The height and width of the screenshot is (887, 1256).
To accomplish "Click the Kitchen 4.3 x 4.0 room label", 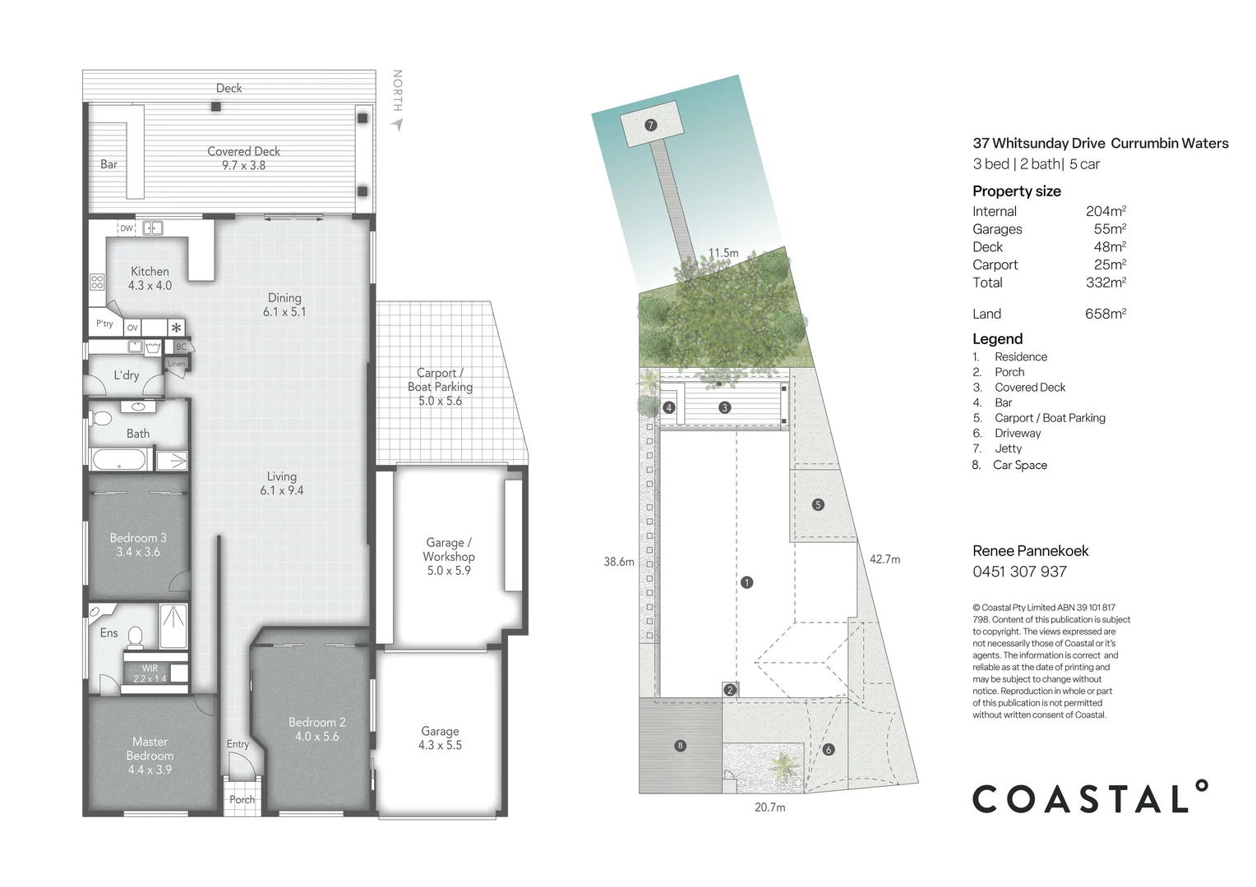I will click(x=150, y=278).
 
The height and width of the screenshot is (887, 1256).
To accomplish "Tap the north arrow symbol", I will click(x=397, y=124).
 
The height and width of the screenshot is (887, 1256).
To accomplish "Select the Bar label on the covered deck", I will click(x=109, y=164).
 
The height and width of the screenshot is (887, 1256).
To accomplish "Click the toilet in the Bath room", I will click(x=101, y=419).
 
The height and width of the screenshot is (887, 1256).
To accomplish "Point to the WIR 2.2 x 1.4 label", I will click(x=150, y=673).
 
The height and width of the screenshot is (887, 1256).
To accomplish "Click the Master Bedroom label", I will click(x=150, y=756).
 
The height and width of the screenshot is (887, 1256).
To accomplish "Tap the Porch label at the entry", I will click(x=242, y=799).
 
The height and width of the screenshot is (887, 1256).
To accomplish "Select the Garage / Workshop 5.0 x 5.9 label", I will click(x=449, y=556).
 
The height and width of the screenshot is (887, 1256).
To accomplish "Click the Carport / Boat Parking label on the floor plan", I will click(x=440, y=386).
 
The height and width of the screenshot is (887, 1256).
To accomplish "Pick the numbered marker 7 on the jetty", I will click(x=650, y=125).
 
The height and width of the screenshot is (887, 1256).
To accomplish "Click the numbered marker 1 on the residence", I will click(x=746, y=582).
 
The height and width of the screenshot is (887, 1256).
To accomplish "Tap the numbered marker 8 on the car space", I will click(x=680, y=746).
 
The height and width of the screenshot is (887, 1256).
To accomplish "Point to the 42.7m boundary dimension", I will click(x=884, y=559).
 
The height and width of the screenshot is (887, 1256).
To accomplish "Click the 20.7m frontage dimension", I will click(x=769, y=807).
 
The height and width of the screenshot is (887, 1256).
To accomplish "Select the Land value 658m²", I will click(x=1105, y=314).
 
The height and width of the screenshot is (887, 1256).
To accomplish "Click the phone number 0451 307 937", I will click(x=1019, y=572).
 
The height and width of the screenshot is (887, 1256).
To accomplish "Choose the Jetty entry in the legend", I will click(x=1008, y=448).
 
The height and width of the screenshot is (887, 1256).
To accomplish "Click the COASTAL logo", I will click(x=1090, y=797).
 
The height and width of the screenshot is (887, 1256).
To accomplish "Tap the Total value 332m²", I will click(x=1106, y=283).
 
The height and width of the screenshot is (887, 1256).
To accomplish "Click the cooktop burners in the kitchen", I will click(x=97, y=282).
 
